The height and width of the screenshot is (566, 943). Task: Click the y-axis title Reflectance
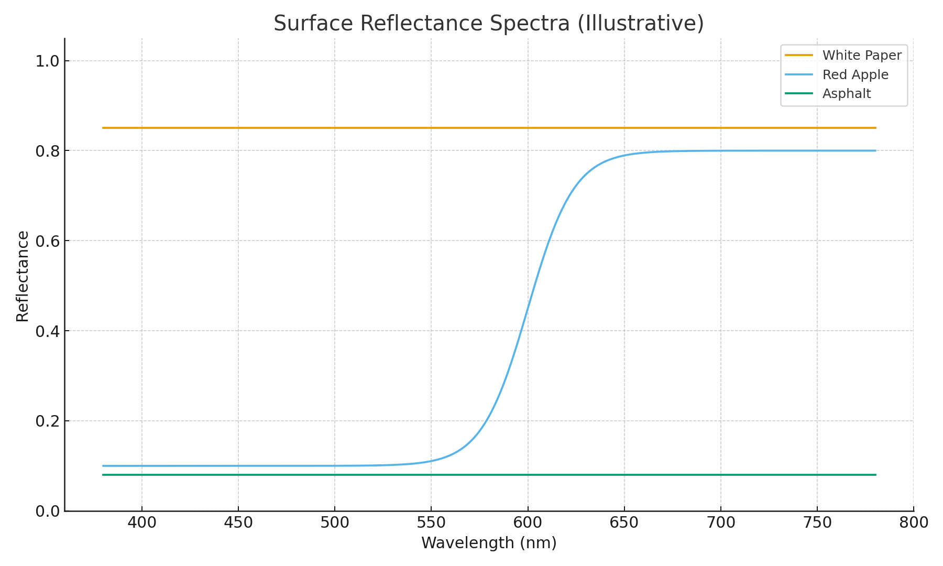[23, 276]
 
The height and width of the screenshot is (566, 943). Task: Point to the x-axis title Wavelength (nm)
[489, 543]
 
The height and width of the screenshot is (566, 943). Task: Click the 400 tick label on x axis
[142, 523]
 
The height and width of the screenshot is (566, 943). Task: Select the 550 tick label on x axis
[431, 523]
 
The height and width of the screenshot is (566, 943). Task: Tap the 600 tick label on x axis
[528, 523]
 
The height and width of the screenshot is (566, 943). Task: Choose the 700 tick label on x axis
[720, 523]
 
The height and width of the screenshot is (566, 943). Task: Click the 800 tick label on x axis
[913, 523]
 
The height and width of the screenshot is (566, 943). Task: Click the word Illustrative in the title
[641, 24]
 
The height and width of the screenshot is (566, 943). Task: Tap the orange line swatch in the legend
[799, 55]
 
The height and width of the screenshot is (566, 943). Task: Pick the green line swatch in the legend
[799, 94]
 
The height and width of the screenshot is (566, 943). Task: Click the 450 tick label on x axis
[238, 523]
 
